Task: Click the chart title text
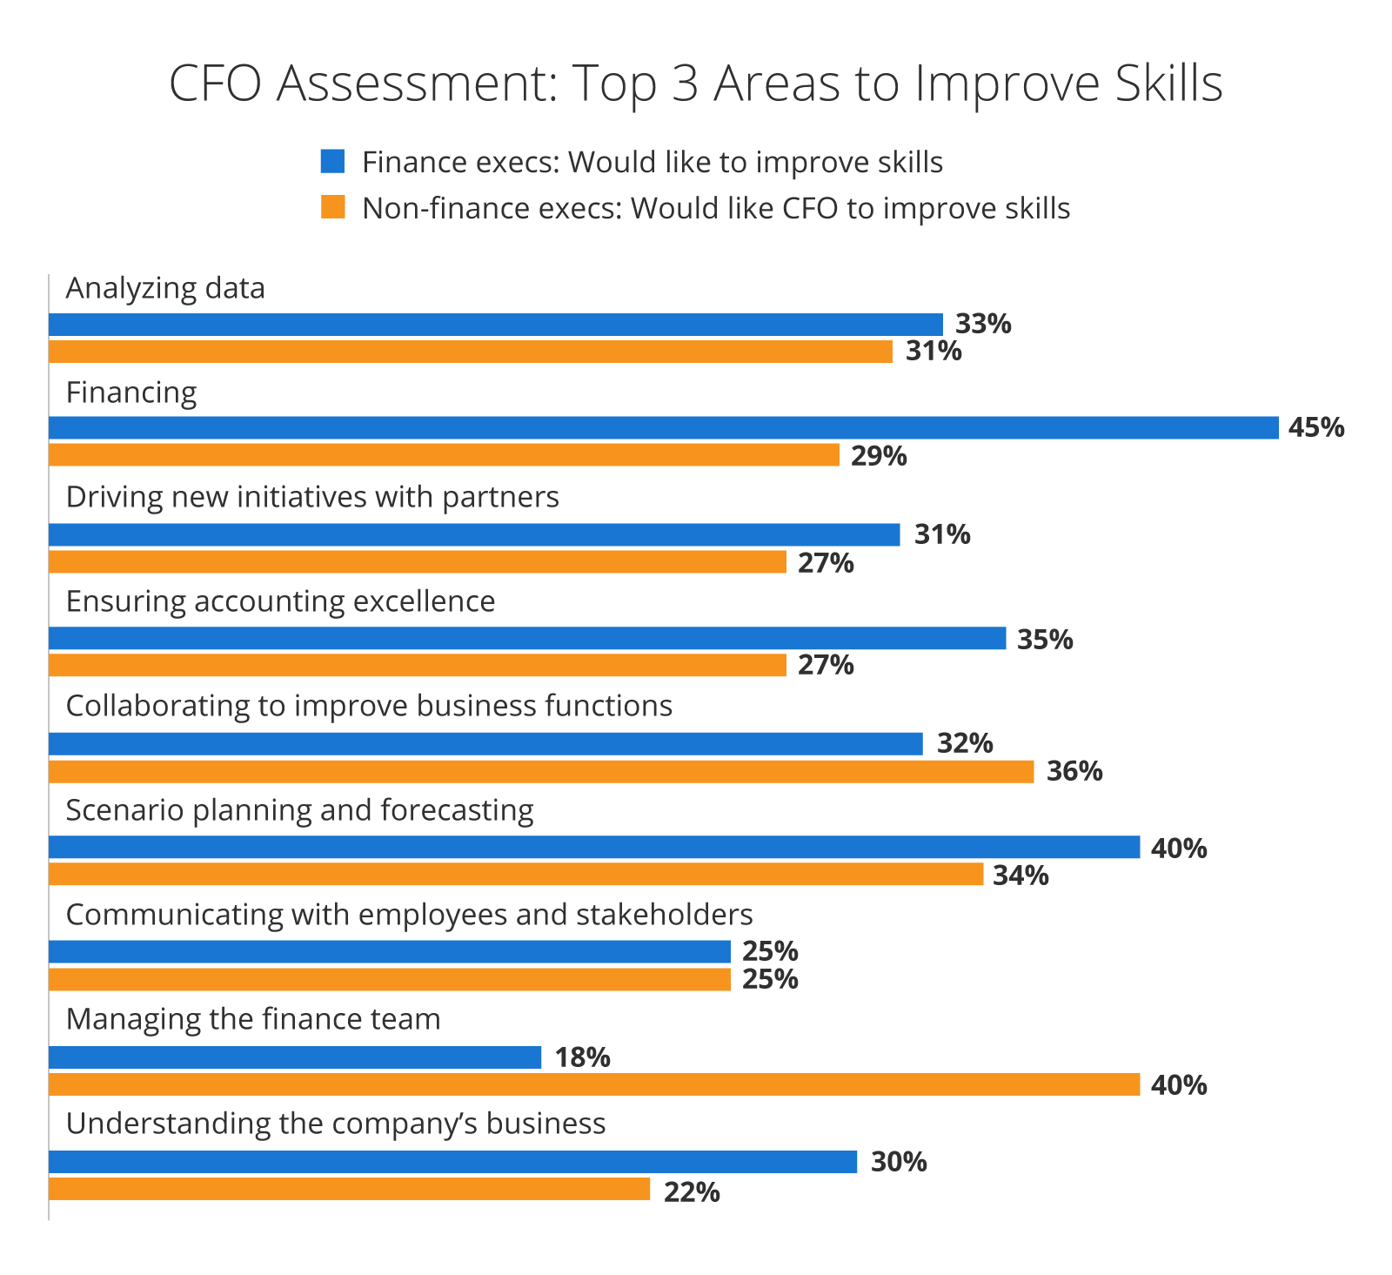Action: (695, 84)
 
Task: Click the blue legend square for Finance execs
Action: (332, 162)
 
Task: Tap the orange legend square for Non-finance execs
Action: (332, 207)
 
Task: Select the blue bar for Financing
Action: (663, 427)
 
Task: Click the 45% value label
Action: (1315, 427)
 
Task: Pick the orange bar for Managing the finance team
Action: (594, 1084)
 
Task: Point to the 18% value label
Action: (582, 1057)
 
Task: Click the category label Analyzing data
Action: (165, 288)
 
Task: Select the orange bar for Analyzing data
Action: (470, 352)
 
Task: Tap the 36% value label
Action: (1074, 771)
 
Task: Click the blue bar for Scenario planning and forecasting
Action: (594, 848)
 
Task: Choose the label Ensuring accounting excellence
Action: (280, 601)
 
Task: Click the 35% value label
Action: (1044, 640)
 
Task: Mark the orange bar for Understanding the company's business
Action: (349, 1189)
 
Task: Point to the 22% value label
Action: (692, 1191)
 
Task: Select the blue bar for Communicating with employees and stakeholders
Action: (389, 952)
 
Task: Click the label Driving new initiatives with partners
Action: (312, 497)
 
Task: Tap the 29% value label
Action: (878, 455)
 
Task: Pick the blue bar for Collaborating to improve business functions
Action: (485, 743)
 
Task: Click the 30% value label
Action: (898, 1162)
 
